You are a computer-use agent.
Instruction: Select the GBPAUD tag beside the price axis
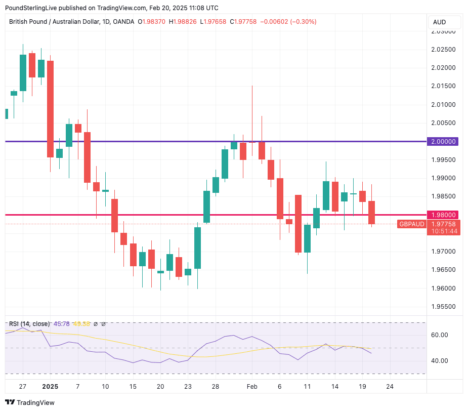click(411, 224)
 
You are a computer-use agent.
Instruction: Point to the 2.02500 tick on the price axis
click(443, 50)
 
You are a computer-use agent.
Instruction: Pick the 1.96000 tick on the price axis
click(443, 289)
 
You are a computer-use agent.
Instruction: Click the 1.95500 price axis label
click(443, 307)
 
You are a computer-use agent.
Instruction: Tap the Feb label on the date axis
click(252, 386)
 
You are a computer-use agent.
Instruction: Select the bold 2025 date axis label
click(50, 386)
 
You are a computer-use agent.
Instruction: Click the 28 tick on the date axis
click(215, 386)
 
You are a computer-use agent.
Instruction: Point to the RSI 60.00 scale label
click(439, 335)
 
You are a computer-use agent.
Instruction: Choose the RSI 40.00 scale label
click(439, 361)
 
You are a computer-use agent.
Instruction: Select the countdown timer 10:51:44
click(443, 231)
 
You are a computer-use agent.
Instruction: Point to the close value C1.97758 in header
click(243, 22)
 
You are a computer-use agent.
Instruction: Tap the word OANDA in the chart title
click(123, 22)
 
